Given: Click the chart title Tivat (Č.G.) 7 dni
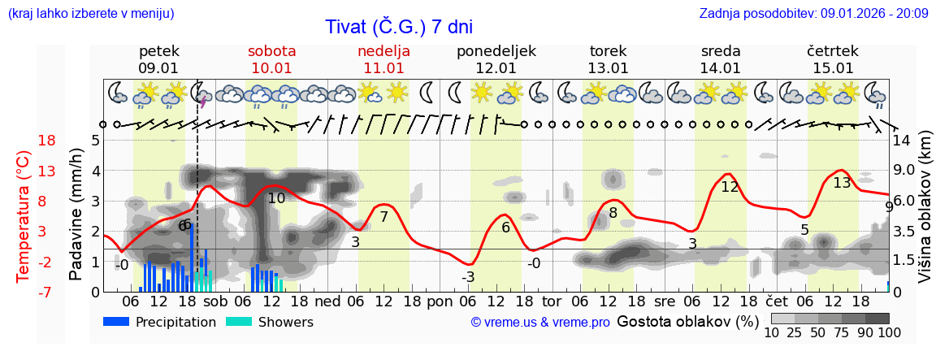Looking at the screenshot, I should [399, 26].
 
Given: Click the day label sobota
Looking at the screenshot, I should [271, 51].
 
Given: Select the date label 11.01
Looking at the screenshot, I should [383, 68].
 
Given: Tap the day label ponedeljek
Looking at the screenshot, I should [496, 51].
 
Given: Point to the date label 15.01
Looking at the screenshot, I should [833, 68].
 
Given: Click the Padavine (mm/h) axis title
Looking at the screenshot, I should [76, 215].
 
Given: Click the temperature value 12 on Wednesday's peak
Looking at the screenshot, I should [730, 187].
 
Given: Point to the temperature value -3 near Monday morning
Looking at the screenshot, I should [468, 278].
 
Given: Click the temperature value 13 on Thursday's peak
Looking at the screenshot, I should [842, 183].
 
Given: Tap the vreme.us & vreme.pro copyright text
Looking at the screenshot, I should [540, 323].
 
